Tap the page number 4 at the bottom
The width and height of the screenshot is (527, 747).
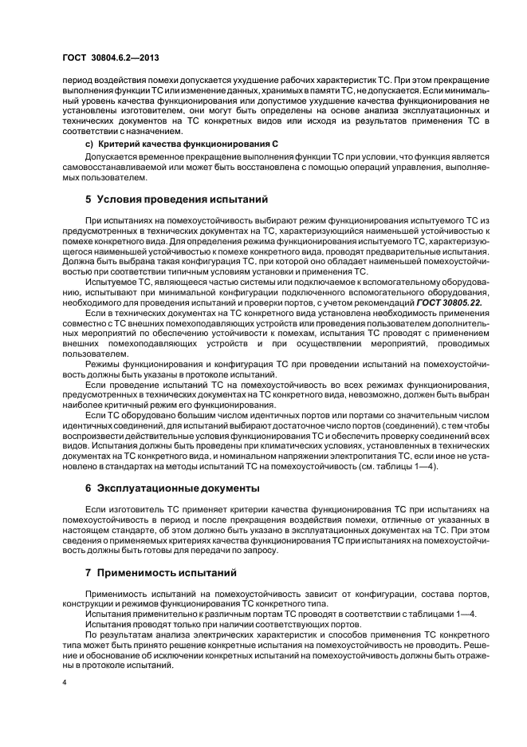tap(65, 683)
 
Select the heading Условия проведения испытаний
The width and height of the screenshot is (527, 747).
tap(182, 198)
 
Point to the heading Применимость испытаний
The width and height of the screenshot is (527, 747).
tap(167, 573)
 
